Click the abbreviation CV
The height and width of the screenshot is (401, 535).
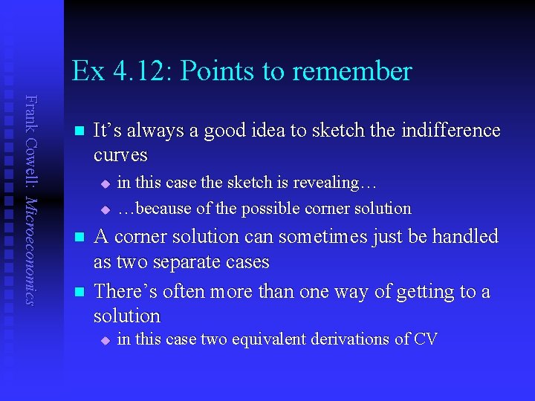pos(426,339)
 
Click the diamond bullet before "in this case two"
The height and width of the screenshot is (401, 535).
pos(105,341)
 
